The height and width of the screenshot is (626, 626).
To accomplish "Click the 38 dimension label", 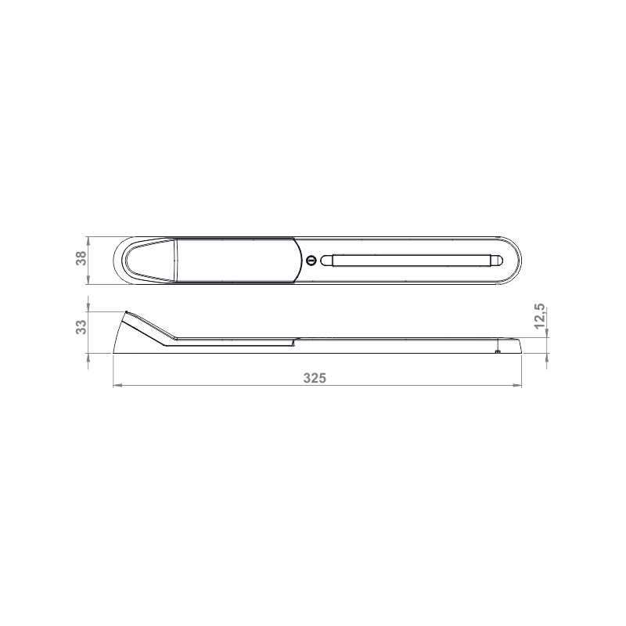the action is tap(81, 258).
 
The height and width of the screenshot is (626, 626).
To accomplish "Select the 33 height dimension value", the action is tap(81, 326).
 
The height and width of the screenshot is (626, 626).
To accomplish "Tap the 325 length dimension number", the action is tap(315, 378).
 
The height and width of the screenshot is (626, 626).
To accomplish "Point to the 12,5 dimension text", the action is tap(539, 316).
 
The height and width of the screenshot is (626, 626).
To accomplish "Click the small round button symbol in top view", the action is tap(311, 261).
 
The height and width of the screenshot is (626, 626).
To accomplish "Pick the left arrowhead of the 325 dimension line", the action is tap(117, 385).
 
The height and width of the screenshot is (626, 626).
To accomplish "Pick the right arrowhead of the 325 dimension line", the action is tap(518, 385).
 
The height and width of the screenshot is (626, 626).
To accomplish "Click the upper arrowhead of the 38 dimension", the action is tap(88, 241).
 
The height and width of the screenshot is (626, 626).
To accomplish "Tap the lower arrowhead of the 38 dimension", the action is tap(88, 280).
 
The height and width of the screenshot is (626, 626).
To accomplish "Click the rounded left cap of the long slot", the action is tap(326, 261).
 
